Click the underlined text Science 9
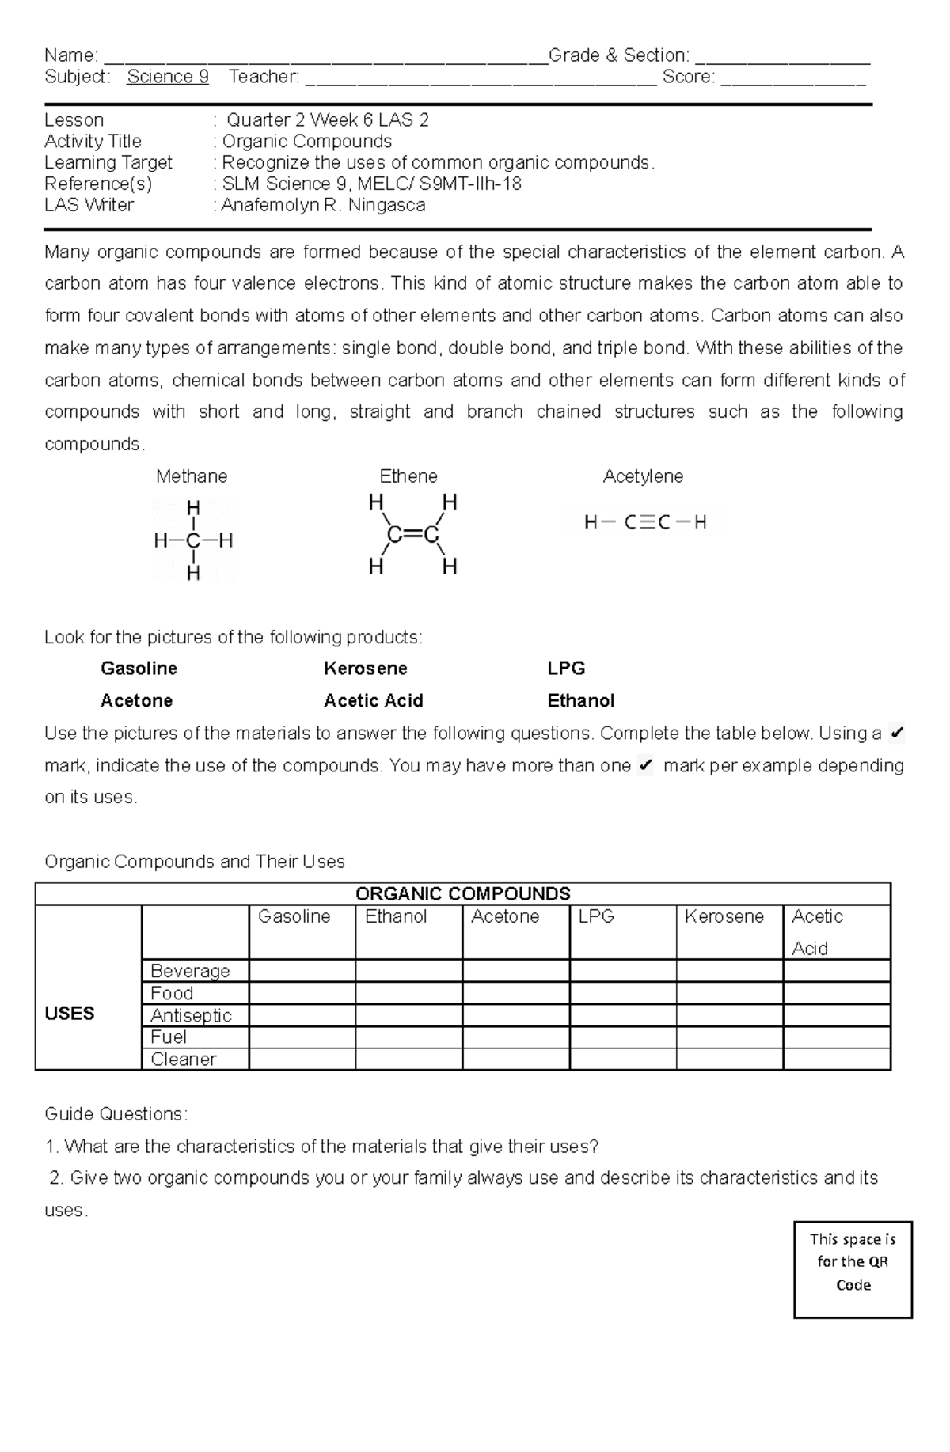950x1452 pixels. tap(167, 77)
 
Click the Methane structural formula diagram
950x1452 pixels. tap(193, 540)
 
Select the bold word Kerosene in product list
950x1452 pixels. tap(365, 669)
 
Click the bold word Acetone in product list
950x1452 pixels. tap(136, 701)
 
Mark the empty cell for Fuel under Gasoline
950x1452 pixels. tap(302, 1037)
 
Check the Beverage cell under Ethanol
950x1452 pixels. tap(408, 971)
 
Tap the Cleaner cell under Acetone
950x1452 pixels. tap(515, 1060)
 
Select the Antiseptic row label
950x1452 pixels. tap(191, 1015)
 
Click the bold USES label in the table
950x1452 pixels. tap(70, 1014)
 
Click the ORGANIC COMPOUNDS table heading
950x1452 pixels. tap(462, 894)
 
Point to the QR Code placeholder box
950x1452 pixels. tap(853, 1269)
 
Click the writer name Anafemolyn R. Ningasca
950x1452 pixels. tap(323, 205)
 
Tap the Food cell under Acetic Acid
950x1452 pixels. tap(837, 993)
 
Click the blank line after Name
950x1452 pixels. tap(325, 57)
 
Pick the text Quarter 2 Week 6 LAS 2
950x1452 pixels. tap(328, 120)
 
